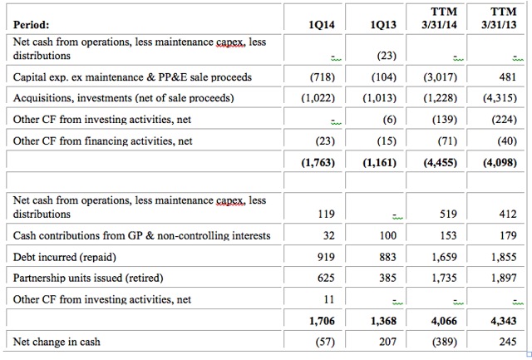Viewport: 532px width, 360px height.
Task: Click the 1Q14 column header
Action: click(x=322, y=25)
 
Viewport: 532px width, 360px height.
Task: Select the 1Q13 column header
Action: click(x=383, y=25)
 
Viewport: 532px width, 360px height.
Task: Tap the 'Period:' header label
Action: click(x=31, y=25)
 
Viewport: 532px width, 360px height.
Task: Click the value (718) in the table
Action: click(x=322, y=77)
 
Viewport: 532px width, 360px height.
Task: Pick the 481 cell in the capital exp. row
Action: click(x=508, y=77)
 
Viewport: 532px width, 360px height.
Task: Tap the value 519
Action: click(x=448, y=215)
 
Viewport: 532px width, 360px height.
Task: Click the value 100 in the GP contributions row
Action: click(x=388, y=235)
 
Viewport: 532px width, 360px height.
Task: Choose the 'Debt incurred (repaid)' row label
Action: click(x=65, y=257)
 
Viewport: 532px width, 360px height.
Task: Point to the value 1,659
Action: click(x=444, y=257)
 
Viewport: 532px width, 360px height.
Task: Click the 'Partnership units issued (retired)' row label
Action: click(x=88, y=279)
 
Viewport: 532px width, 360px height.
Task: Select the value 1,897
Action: click(x=504, y=279)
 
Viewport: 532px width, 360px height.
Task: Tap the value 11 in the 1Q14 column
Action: click(x=329, y=299)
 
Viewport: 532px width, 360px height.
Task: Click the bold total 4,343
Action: click(x=504, y=321)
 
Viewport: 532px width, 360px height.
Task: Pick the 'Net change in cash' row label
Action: click(x=57, y=342)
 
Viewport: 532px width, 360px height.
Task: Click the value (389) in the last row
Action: click(x=445, y=342)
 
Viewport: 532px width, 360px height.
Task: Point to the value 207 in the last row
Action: click(x=388, y=342)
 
